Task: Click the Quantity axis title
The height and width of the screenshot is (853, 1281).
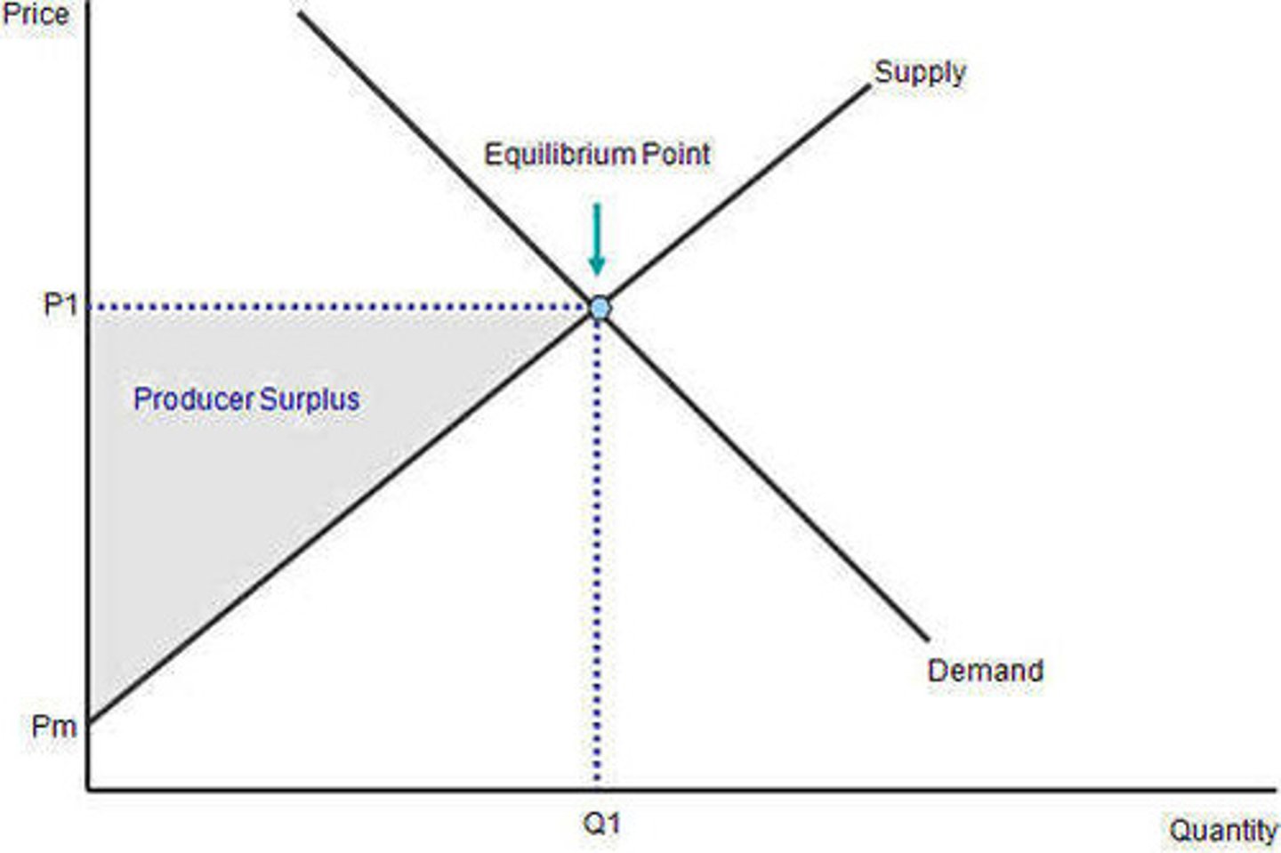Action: coord(1222,830)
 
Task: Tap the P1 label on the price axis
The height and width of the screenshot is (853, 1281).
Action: coord(60,306)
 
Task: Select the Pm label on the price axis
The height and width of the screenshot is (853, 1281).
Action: coord(53,726)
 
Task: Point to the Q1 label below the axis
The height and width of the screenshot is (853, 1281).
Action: coord(601,824)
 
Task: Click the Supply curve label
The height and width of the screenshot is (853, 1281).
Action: coord(919,72)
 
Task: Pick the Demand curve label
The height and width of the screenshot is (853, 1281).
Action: coord(985,670)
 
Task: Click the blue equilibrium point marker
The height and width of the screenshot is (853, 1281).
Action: coord(600,309)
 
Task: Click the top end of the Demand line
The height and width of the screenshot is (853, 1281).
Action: coord(301,12)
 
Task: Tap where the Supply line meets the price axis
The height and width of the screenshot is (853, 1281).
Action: coord(89,720)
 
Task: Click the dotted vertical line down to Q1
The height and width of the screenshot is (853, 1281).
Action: coord(597,551)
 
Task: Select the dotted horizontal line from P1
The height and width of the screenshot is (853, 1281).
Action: coord(338,308)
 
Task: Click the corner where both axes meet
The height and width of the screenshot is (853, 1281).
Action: coord(88,788)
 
